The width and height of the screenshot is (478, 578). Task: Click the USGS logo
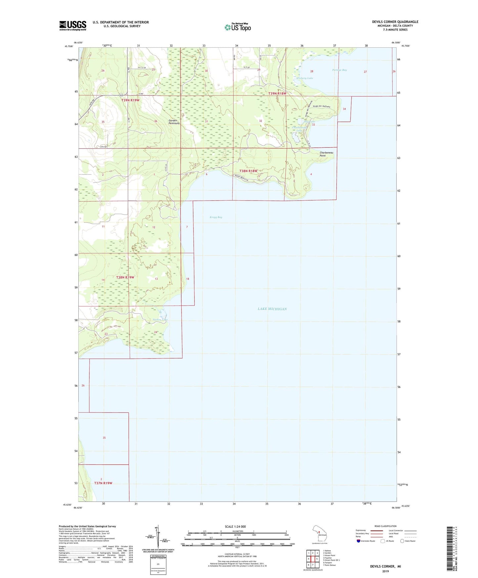click(72, 25)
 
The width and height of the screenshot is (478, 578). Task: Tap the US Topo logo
click(238, 27)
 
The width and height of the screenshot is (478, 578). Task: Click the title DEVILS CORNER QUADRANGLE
click(395, 22)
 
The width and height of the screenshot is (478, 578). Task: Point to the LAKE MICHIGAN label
click(272, 309)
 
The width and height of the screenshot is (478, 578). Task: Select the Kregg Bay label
click(216, 217)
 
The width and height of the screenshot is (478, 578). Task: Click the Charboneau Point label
click(326, 154)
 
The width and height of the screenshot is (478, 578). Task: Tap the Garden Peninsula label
click(174, 122)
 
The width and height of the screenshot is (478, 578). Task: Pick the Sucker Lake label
click(160, 319)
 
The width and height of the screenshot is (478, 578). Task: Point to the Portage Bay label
click(339, 70)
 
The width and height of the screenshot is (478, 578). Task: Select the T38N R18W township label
click(248, 171)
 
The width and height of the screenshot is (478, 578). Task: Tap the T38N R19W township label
click(125, 277)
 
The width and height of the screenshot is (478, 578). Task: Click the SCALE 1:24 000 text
click(235, 527)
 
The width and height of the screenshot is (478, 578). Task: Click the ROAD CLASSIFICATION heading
click(385, 526)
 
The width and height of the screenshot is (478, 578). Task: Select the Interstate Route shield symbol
click(358, 541)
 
